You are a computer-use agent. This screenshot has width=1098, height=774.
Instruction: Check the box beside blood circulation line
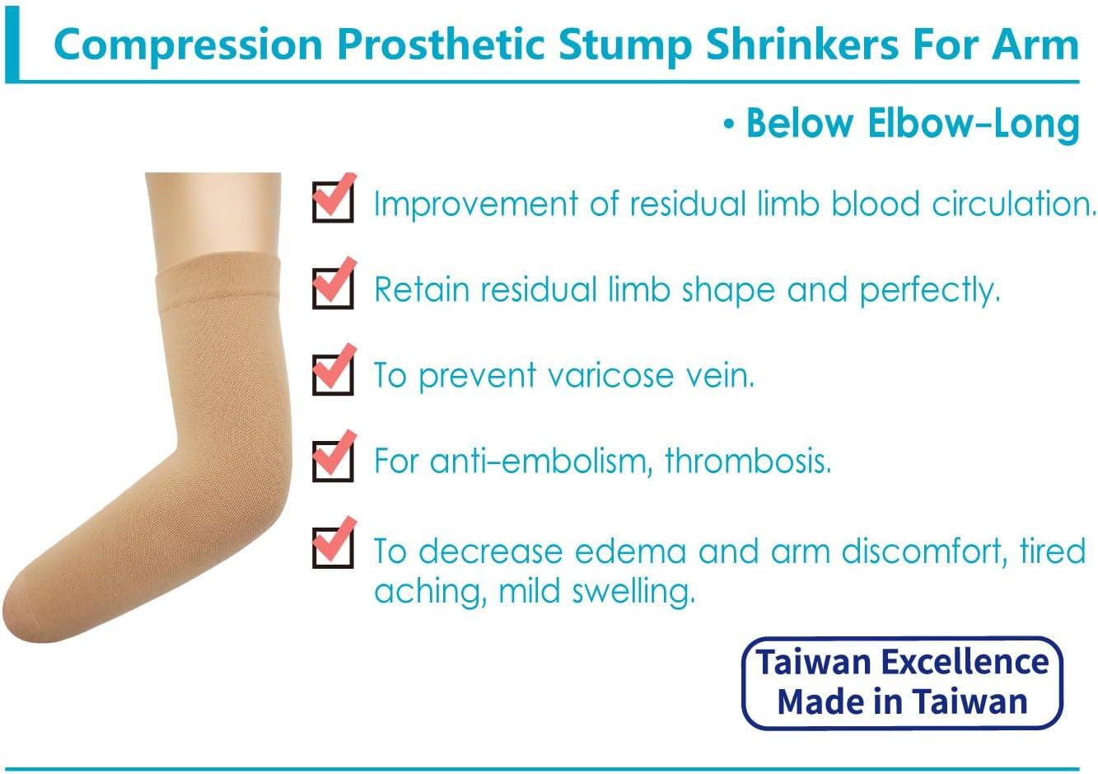(x=333, y=201)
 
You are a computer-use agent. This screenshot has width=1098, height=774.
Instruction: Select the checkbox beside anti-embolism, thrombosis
(x=333, y=459)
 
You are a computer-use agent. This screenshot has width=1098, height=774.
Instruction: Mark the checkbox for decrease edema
(x=333, y=546)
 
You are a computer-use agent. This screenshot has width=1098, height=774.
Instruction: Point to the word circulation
(x=1013, y=204)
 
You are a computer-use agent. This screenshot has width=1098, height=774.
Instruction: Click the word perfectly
(x=929, y=290)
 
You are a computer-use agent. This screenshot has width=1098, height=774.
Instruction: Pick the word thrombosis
(x=748, y=460)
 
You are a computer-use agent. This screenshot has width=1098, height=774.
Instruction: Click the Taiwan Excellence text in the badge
(x=903, y=662)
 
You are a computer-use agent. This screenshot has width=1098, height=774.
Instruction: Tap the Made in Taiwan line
(x=903, y=701)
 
